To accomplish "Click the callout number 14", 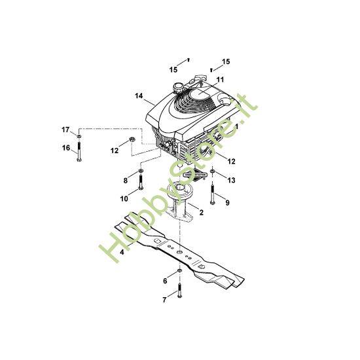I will (x=139, y=96).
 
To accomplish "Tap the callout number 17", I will (x=65, y=128).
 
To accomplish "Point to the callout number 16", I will (x=65, y=148).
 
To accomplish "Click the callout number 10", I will (x=125, y=198).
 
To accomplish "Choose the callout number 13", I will (x=230, y=179).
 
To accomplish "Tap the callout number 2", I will (x=201, y=213).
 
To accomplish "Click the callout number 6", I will (x=165, y=281).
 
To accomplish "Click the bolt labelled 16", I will (x=79, y=151).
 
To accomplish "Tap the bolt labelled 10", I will (x=139, y=183).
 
